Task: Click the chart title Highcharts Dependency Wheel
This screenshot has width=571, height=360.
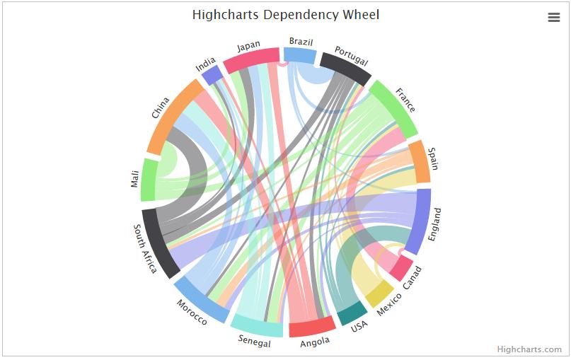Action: [x=285, y=14]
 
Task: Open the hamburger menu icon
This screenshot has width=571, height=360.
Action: [x=554, y=18]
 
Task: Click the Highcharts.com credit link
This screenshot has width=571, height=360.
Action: [x=529, y=349]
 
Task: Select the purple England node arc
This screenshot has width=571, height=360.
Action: [x=422, y=221]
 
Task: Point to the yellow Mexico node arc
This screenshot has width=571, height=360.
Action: [x=379, y=294]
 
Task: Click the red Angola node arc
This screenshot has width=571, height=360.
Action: [x=312, y=326]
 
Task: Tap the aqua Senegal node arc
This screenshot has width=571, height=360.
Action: [x=257, y=325]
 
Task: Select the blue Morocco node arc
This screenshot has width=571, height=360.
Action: [x=201, y=298]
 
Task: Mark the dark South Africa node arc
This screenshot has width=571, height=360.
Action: [x=161, y=243]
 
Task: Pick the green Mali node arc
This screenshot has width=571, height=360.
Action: [x=149, y=180]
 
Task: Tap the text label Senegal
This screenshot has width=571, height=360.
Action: [x=255, y=343]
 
